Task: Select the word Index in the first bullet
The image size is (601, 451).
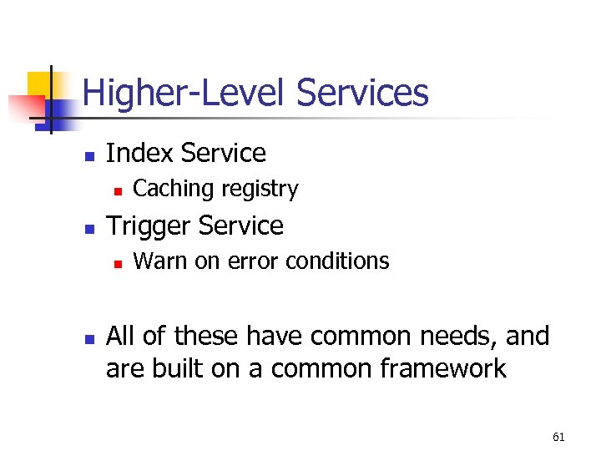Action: [139, 154]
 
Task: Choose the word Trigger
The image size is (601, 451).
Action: [150, 225]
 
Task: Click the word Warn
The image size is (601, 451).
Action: [160, 261]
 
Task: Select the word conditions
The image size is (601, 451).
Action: [337, 261]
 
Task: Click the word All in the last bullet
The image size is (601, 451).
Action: [122, 336]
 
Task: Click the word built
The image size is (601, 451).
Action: [179, 367]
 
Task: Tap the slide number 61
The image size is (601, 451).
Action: [558, 437]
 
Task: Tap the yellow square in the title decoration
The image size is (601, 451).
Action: [38, 84]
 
